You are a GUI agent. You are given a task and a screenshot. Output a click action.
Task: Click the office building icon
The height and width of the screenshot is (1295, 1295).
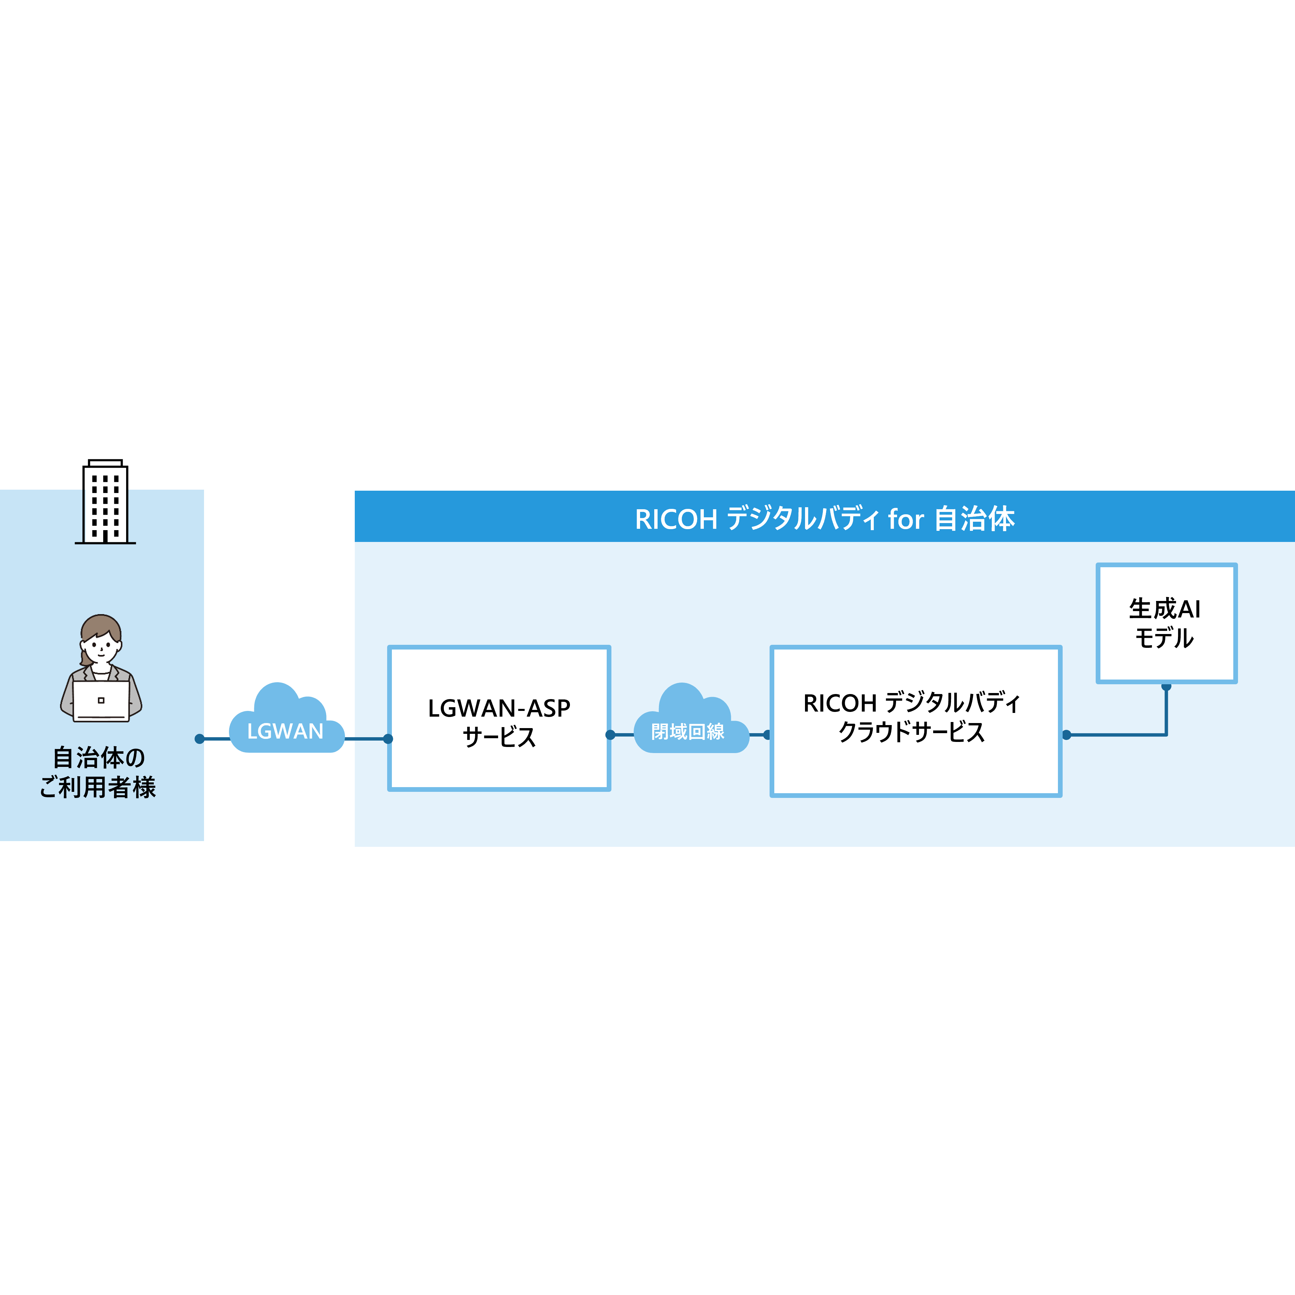[x=105, y=505]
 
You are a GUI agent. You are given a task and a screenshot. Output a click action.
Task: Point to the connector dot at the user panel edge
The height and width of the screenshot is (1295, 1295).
[x=199, y=739]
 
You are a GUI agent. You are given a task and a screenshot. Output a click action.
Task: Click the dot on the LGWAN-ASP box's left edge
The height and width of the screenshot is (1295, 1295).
[x=388, y=739]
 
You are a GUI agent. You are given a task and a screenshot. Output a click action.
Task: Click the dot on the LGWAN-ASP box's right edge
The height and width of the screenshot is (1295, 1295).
[x=610, y=735]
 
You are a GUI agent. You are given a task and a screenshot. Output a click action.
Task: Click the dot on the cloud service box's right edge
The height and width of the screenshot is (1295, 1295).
[x=1066, y=735]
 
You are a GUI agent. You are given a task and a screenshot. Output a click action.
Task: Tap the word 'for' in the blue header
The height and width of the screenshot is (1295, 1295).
[x=905, y=519]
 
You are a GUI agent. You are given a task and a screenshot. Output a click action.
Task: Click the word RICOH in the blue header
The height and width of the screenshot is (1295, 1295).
[x=675, y=519]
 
